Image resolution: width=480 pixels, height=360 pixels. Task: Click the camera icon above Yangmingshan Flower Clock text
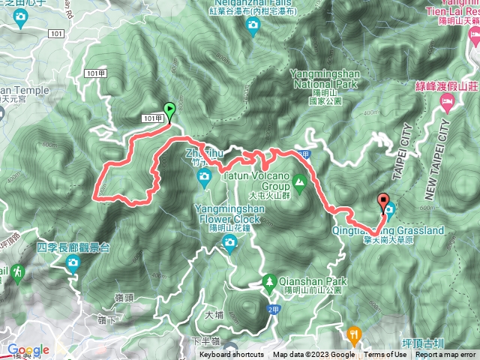tap(230, 241)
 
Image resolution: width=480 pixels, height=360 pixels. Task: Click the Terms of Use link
tap(385, 355)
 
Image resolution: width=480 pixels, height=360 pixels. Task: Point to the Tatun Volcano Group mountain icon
tap(299, 181)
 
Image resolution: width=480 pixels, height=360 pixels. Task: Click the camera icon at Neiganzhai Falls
tap(253, 26)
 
